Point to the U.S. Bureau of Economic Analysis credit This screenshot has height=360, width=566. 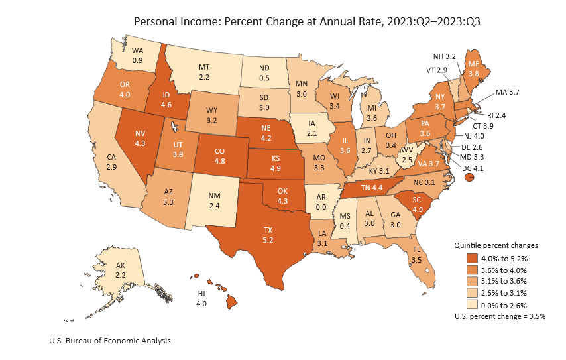(109, 341)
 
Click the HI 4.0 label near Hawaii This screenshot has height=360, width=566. (201, 298)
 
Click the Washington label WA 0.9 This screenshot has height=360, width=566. (138, 55)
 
